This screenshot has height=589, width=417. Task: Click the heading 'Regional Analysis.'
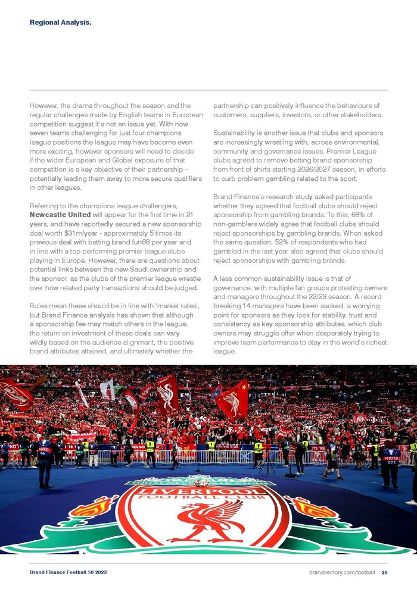(60, 23)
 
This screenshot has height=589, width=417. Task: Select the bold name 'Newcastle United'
(60, 214)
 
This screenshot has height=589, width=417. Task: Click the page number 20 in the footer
(384, 572)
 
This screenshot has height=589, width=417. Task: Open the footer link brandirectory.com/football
(342, 572)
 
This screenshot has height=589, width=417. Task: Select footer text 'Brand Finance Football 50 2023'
(69, 572)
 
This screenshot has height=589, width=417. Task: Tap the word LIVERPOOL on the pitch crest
(203, 492)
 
